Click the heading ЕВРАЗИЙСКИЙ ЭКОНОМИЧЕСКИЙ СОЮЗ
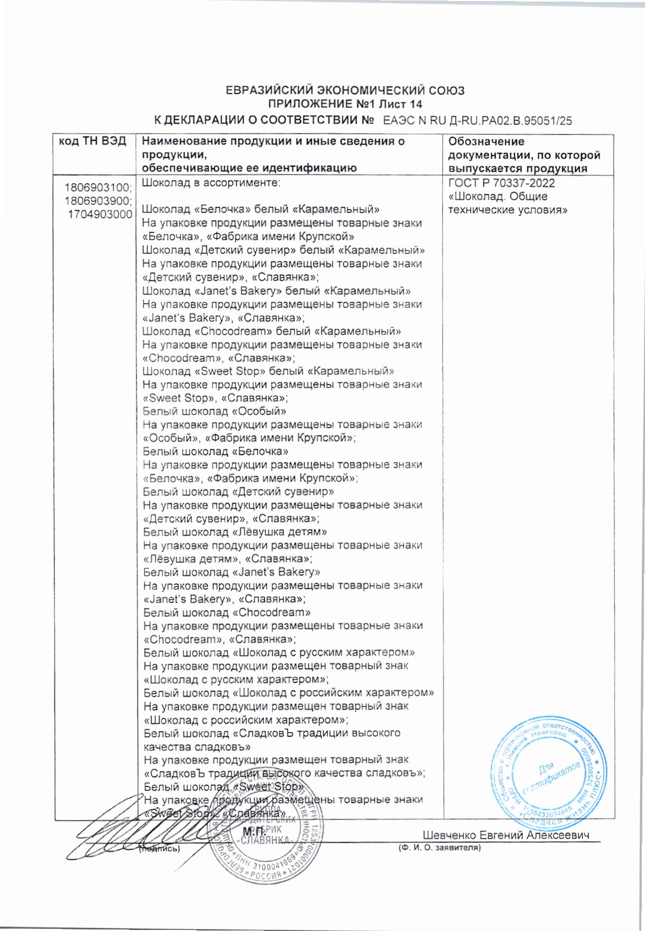tap(345, 90)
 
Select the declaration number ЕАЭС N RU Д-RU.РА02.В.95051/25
tap(477, 120)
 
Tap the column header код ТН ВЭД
tap(93, 142)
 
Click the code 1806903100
tap(98, 188)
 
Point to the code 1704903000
tap(100, 215)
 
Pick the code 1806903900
tap(98, 201)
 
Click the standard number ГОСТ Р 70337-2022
tap(501, 183)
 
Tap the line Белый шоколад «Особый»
tap(214, 411)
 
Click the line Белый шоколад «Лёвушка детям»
tap(235, 532)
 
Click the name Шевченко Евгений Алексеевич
tap(506, 835)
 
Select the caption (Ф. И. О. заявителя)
tap(439, 848)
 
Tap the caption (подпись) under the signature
tap(158, 849)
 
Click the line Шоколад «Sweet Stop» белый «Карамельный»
tap(268, 371)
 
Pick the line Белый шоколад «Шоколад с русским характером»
tap(279, 653)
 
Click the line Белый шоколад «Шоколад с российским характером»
tap(288, 693)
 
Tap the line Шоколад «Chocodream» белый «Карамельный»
tap(272, 331)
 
